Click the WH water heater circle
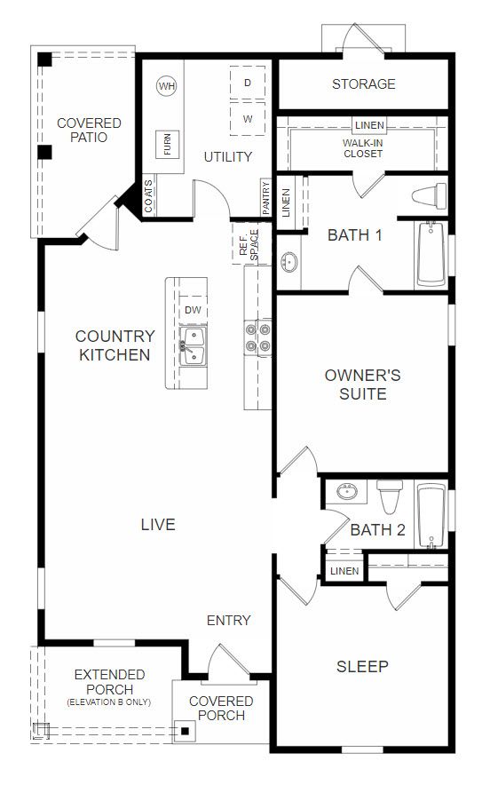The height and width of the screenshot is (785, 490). point(166,86)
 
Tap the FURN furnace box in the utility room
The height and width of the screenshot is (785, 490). point(167,144)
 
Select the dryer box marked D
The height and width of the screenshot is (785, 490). point(248,83)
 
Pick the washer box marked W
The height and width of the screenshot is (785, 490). point(248,119)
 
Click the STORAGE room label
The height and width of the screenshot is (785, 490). point(364,83)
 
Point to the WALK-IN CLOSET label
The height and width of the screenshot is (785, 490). point(363,148)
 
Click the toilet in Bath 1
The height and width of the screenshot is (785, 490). point(429,195)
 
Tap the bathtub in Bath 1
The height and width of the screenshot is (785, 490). point(431,254)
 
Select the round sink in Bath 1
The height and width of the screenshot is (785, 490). point(288,262)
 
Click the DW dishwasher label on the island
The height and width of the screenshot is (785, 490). point(193,310)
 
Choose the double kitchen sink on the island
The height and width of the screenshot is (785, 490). point(194,345)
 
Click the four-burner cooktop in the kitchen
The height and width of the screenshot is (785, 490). point(257,337)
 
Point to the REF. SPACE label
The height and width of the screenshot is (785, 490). point(249,244)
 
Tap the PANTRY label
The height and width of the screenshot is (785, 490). point(265,198)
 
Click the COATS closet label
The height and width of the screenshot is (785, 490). point(148,195)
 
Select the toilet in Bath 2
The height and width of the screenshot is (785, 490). point(390,496)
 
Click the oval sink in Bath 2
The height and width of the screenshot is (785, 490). point(347,491)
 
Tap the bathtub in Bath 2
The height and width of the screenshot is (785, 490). point(431,516)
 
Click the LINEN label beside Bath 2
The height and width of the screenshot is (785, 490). point(344,571)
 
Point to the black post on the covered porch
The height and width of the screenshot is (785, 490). point(186,732)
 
